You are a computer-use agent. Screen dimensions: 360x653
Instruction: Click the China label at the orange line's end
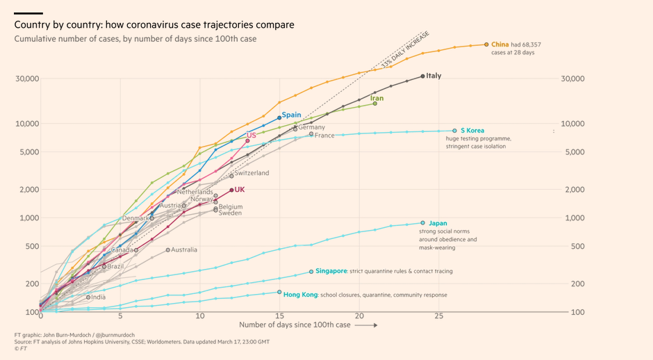pos(500,44)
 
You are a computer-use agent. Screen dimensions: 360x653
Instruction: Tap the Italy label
pos(433,76)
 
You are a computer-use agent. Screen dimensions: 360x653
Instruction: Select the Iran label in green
pos(377,99)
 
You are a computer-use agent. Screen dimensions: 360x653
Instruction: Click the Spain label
pos(292,115)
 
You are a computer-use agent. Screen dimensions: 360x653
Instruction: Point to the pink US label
pos(251,135)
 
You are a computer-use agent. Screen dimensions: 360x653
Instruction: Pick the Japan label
pos(438,223)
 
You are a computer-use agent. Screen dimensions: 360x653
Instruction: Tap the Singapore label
pos(331,270)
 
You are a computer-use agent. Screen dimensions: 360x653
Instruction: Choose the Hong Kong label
pos(300,295)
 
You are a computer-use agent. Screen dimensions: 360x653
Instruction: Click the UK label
pos(240,189)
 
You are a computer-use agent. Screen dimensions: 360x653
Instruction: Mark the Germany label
pos(312,127)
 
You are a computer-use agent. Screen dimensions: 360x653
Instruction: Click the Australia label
pos(184,249)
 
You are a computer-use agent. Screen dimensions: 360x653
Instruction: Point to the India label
pos(99,297)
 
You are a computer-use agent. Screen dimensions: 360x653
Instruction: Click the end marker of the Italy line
pos(423,76)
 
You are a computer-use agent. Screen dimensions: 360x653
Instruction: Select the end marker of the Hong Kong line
pos(279,292)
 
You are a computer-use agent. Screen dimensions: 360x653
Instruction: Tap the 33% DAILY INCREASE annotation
pos(405,49)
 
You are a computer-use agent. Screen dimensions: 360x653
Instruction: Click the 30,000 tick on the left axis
pos(27,79)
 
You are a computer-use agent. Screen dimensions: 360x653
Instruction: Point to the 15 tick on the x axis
pos(279,316)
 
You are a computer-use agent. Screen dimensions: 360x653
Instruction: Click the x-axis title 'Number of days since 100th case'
pos(295,325)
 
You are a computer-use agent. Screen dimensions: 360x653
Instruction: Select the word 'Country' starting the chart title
pos(31,25)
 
